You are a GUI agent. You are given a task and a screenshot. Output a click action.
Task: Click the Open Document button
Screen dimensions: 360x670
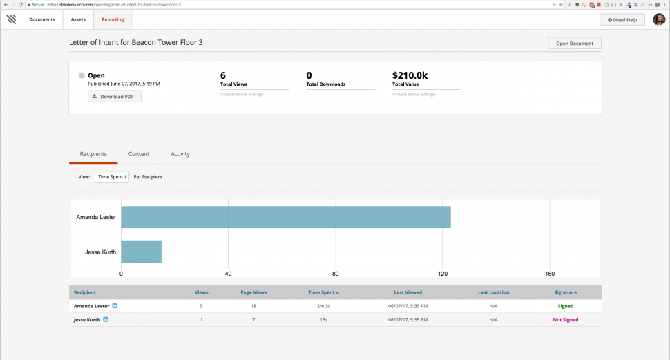575,43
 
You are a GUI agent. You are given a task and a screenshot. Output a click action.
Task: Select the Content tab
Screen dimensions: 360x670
139,154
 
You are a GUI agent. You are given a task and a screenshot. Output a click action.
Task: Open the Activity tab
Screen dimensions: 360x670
180,154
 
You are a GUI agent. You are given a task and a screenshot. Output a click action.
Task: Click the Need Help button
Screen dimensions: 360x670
622,20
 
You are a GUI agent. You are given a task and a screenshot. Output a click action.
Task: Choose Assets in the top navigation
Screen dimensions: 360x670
78,19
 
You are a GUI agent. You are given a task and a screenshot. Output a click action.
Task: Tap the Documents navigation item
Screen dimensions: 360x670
42,19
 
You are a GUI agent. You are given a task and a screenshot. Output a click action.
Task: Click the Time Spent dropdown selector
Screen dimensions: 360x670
112,177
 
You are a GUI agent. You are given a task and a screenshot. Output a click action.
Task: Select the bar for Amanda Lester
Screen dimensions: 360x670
286,217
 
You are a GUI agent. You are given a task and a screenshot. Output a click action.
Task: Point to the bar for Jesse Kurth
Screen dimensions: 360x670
142,252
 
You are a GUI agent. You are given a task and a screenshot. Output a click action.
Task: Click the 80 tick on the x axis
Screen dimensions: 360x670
335,274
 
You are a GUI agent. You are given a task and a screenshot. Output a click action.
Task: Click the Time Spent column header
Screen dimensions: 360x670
323,292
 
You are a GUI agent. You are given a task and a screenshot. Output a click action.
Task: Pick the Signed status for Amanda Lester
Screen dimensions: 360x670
566,306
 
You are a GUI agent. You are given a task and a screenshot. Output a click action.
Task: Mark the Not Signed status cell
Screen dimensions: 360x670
566,320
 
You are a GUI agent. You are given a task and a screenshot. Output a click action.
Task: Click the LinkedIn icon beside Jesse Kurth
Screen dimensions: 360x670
106,320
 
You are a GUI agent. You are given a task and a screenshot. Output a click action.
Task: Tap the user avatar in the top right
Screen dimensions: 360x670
659,19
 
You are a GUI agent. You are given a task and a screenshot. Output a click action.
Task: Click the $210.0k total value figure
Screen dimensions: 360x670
411,75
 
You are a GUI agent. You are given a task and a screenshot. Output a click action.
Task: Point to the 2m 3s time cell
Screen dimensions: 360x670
323,306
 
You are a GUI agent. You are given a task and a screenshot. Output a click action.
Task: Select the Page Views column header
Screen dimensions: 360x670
253,292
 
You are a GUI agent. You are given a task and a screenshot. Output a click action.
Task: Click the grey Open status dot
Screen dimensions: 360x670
82,75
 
